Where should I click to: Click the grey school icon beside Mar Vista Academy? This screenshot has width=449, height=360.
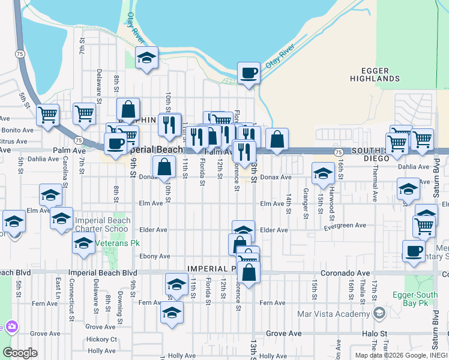(x=379, y=313)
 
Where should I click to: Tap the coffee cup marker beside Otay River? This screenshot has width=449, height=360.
(x=249, y=73)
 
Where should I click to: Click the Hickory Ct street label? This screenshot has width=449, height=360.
(x=101, y=339)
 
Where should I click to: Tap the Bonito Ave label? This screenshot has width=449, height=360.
(x=17, y=130)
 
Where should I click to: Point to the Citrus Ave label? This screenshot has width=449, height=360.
(x=13, y=141)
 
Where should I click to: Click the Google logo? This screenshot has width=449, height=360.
(x=20, y=353)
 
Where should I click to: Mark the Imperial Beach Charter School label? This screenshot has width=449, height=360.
(x=102, y=224)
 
